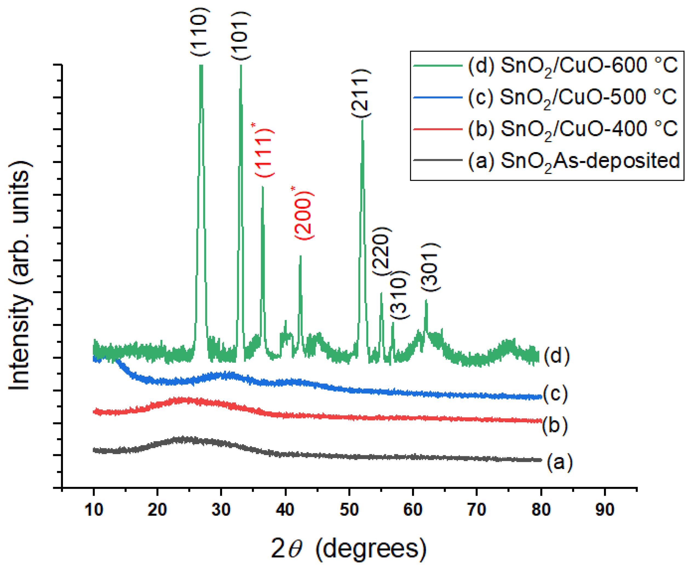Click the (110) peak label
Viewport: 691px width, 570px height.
200,32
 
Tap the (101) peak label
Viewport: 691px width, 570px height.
241,36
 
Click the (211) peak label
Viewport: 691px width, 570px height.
361,93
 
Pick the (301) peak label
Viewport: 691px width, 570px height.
430,267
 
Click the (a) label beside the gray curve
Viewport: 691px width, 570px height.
560,462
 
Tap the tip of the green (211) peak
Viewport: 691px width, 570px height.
362,121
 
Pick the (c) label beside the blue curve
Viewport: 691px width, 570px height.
555,393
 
